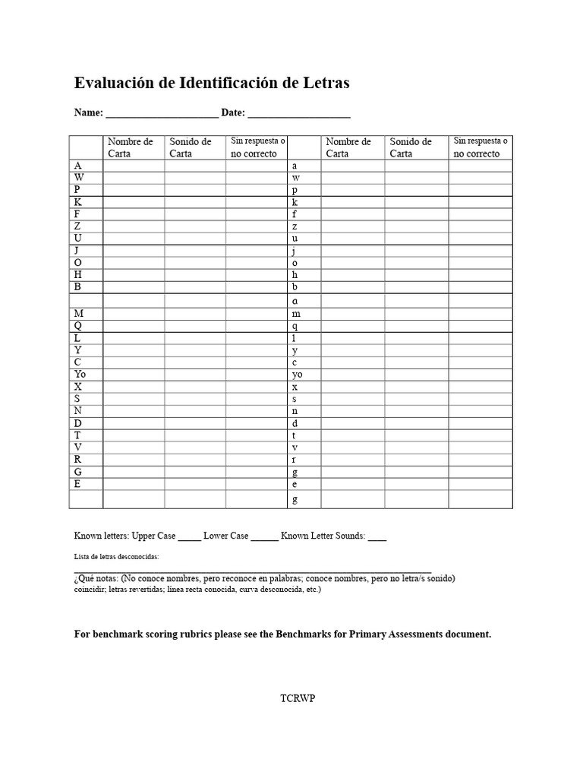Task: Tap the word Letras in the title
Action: tap(324, 84)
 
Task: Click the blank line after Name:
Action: tap(162, 115)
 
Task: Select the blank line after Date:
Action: tap(299, 115)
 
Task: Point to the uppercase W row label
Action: tap(78, 178)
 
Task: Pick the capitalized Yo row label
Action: tap(80, 375)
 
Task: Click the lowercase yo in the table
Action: tap(297, 375)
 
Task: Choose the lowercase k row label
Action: tap(295, 202)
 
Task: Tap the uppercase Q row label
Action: tap(78, 326)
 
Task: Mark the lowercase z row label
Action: tap(295, 226)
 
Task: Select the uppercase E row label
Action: tap(77, 483)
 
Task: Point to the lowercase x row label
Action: tap(295, 387)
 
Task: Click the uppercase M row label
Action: tap(78, 313)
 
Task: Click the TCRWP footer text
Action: tap(297, 699)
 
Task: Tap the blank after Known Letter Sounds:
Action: tap(377, 537)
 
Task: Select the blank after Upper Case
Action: tap(190, 537)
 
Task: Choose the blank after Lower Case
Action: tap(264, 537)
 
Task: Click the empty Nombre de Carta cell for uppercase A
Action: tap(134, 166)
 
